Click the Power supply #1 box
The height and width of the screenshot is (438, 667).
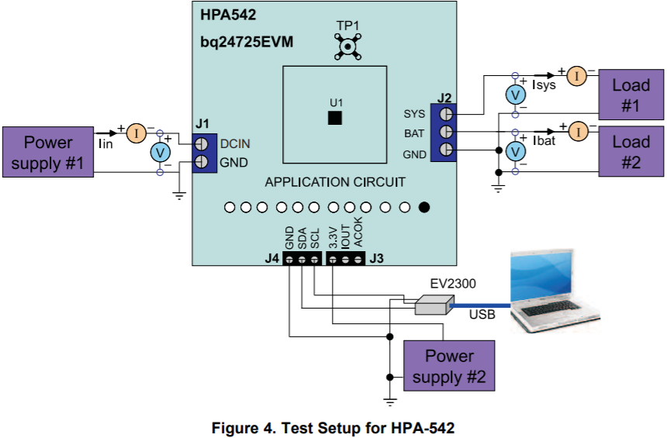pos(47,153)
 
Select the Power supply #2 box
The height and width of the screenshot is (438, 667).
pos(449,367)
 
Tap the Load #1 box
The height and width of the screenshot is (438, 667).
pos(631,95)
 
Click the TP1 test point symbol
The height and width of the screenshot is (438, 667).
pos(347,47)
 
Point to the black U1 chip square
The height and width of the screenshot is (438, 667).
pos(335,118)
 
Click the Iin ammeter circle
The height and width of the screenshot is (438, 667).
pos(136,133)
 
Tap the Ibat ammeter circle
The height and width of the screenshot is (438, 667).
pos(578,132)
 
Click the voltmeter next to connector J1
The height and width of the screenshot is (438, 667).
pos(160,153)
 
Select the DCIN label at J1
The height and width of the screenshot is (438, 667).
pos(235,144)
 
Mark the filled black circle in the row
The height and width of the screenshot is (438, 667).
pos(424,207)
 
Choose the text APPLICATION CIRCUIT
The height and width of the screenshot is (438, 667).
pos(335,182)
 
